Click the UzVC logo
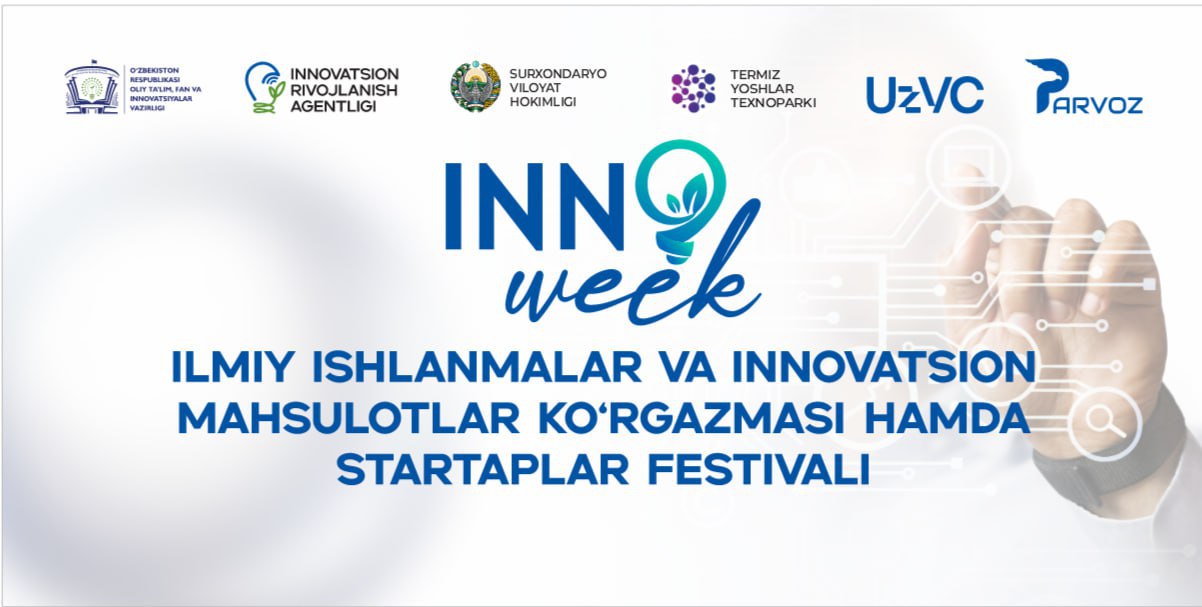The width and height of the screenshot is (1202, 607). [x=925, y=95]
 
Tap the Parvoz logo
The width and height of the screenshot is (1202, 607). [x=1083, y=86]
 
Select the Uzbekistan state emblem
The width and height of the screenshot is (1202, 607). [x=475, y=86]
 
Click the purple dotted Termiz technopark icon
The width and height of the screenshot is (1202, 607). [x=693, y=89]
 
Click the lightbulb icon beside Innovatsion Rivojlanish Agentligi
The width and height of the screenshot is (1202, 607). [x=265, y=87]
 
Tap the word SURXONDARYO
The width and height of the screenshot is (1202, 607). [x=558, y=74]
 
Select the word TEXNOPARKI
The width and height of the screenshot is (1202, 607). [x=773, y=103]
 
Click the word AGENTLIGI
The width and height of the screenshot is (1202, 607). [x=333, y=106]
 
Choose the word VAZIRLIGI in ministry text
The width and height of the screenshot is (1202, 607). [x=147, y=108]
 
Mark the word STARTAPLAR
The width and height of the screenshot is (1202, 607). [x=483, y=470]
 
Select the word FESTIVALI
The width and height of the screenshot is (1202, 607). [x=759, y=470]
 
